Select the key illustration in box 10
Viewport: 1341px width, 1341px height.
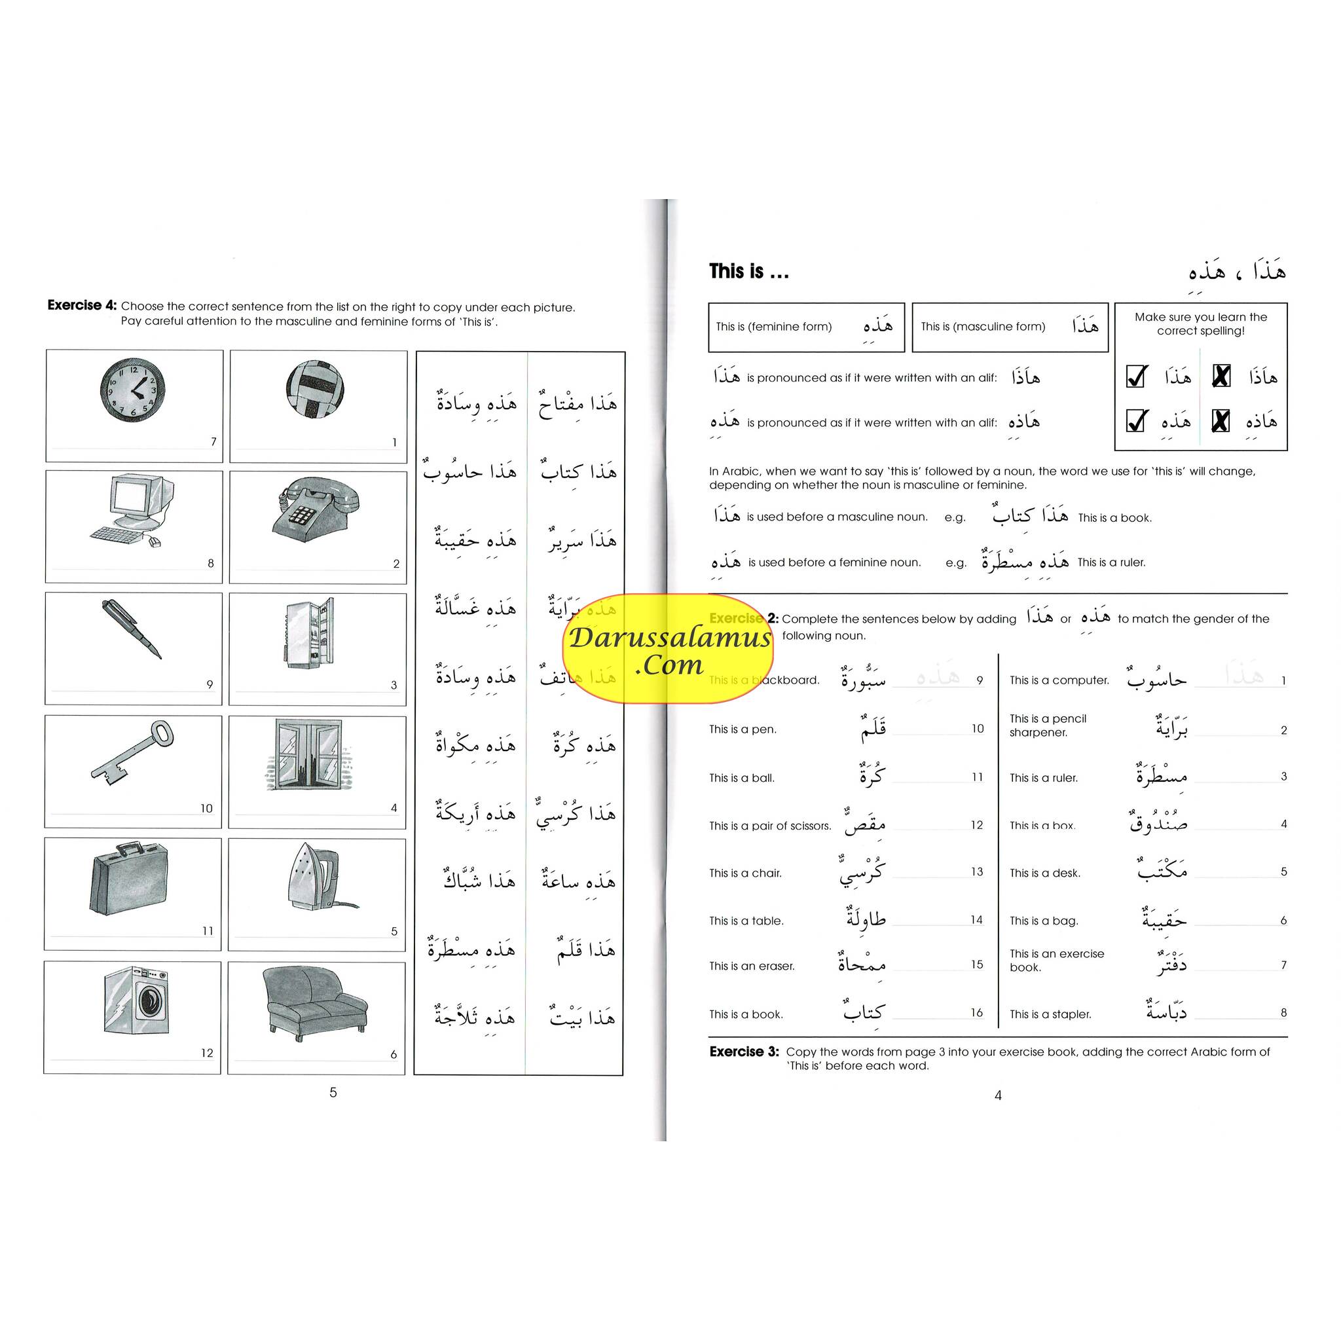click(x=132, y=752)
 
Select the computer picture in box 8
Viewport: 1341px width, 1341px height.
click(x=132, y=509)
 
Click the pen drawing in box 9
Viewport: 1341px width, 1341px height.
click(x=131, y=629)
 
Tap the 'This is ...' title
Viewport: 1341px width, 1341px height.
click(x=748, y=271)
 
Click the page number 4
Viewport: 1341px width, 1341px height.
click(x=998, y=1095)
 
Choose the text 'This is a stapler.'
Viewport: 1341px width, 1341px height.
click(x=1050, y=1014)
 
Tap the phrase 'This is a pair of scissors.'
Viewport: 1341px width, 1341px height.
click(x=770, y=826)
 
